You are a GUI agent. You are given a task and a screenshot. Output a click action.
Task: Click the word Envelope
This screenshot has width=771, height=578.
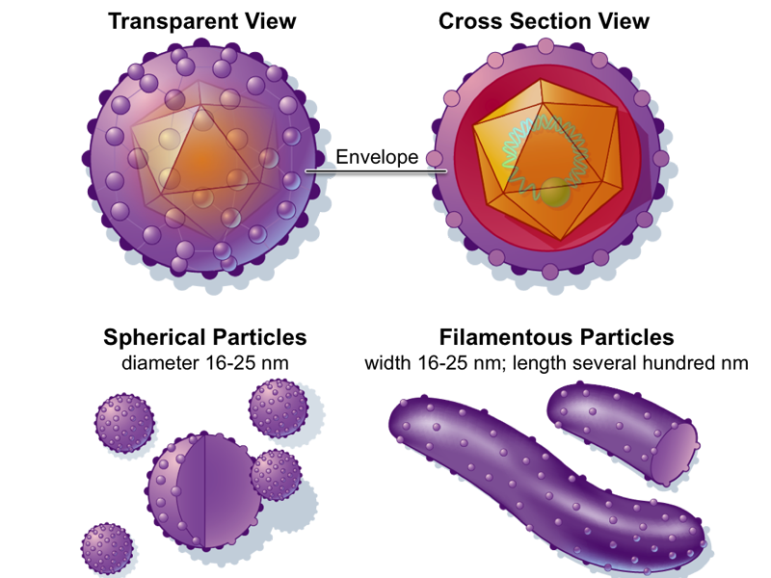tap(377, 157)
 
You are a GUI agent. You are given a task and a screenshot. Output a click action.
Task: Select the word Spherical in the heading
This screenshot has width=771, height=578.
tap(154, 337)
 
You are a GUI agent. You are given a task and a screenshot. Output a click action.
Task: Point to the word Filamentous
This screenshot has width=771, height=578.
tap(506, 337)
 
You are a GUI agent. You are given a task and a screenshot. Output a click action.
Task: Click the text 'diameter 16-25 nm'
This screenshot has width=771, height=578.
tap(204, 363)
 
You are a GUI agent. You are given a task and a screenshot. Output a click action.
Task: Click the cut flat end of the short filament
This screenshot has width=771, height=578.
tap(677, 452)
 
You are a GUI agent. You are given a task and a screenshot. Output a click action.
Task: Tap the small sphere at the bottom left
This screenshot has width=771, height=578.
tap(107, 549)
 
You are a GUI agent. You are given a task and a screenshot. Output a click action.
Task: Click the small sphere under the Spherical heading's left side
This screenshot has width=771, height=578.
tap(124, 422)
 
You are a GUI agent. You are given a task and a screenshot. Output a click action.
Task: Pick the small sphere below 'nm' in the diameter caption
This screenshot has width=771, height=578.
tap(279, 407)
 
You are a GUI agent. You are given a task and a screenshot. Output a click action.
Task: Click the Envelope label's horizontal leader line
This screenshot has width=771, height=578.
tap(376, 171)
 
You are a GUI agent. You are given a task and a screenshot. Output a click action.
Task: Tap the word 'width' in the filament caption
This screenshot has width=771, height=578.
tap(387, 363)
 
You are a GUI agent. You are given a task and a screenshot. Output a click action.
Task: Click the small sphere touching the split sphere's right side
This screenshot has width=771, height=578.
tap(276, 475)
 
